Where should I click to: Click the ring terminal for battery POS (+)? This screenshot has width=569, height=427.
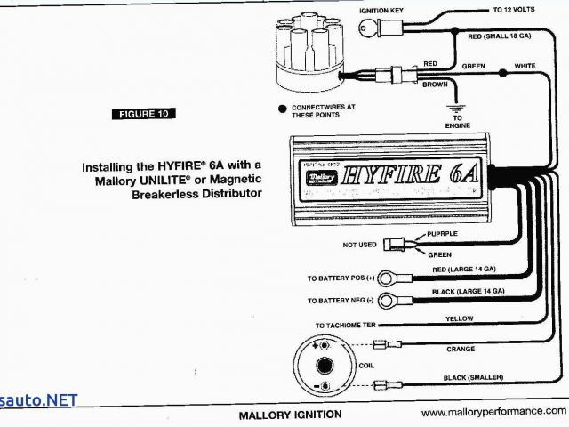pyautogui.click(x=387, y=278)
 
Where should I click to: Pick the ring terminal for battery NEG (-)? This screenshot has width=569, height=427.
pyautogui.click(x=387, y=301)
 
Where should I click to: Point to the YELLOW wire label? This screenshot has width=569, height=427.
pyautogui.click(x=459, y=318)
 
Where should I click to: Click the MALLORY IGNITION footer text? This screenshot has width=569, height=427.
pyautogui.click(x=290, y=415)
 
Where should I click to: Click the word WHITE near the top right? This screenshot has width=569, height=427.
pyautogui.click(x=525, y=66)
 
